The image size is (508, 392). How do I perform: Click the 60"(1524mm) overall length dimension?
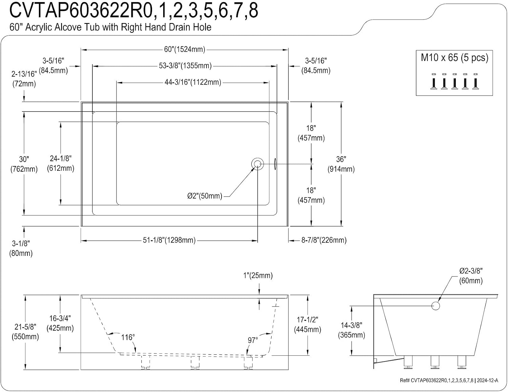click(x=185, y=49)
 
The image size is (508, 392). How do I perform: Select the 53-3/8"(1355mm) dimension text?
click(x=185, y=66)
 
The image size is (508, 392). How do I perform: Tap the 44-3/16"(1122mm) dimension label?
click(x=193, y=82)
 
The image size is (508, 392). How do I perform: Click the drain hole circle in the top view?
click(x=258, y=164)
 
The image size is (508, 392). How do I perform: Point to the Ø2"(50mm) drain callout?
click(x=205, y=196)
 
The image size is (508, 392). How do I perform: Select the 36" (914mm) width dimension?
click(x=341, y=164)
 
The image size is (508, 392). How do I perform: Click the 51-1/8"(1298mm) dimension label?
click(x=169, y=240)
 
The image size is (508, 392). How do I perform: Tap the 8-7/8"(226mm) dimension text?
click(x=324, y=240)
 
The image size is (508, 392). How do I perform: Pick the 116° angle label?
click(x=128, y=337)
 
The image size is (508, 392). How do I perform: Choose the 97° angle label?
click(x=253, y=340)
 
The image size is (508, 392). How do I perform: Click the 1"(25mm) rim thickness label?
click(x=258, y=275)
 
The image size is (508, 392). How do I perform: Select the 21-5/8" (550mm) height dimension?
click(x=25, y=332)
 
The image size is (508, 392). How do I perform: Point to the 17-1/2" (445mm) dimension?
click(x=308, y=324)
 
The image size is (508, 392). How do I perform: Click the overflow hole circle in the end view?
click(x=436, y=306)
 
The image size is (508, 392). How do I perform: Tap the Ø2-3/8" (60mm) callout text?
click(x=471, y=276)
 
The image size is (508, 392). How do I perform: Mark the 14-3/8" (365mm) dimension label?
click(x=352, y=330)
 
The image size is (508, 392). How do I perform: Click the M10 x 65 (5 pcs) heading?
click(x=454, y=58)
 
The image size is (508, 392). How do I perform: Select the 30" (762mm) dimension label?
click(x=24, y=164)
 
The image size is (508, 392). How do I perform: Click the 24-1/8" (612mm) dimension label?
click(x=61, y=163)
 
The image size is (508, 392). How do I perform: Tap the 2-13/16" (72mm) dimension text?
click(x=24, y=79)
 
